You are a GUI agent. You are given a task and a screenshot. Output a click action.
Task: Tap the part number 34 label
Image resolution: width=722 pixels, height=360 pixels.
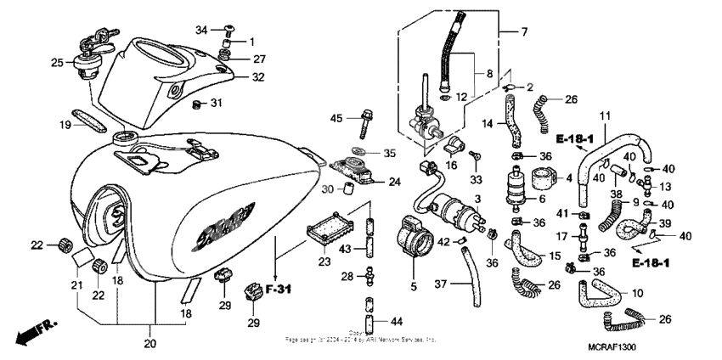coord(201,31)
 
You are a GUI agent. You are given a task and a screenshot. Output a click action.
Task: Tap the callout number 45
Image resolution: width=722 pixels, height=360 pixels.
coord(336,118)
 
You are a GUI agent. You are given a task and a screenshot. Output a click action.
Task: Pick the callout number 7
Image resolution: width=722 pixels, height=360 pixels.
coord(523,33)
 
